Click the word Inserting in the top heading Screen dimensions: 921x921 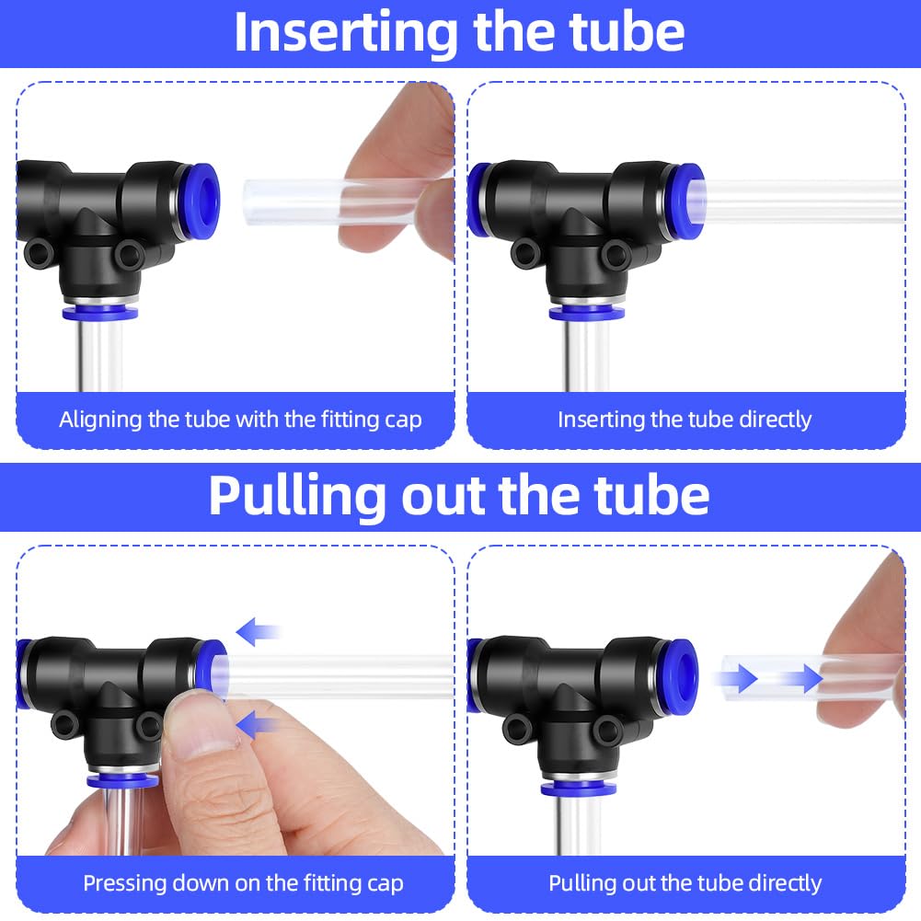(346, 33)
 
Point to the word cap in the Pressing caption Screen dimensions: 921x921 (386, 884)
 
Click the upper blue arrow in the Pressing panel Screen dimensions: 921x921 (259, 631)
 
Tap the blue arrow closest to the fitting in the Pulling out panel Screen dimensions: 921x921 (737, 678)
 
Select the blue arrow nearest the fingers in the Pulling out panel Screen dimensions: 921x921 (802, 678)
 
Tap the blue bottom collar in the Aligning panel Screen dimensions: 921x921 (100, 312)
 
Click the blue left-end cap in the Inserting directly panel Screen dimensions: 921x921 (476, 200)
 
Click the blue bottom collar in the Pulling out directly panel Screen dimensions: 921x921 (579, 789)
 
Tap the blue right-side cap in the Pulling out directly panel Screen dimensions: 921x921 (683, 672)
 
